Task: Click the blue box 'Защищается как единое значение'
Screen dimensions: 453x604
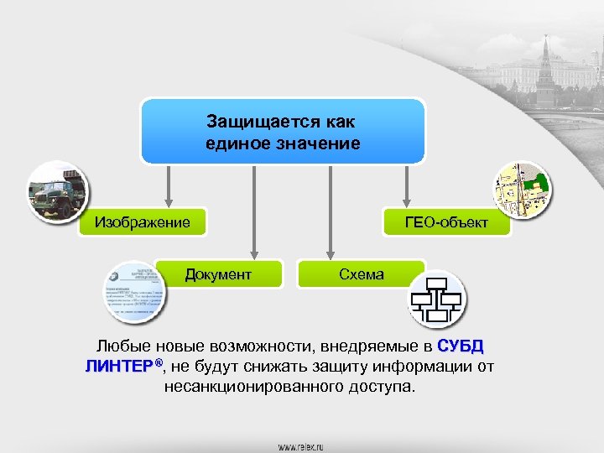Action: click(x=283, y=132)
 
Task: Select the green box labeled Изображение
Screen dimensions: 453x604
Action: click(x=142, y=223)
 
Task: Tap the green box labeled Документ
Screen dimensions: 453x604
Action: click(x=218, y=274)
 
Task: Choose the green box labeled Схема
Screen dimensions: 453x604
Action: click(x=362, y=274)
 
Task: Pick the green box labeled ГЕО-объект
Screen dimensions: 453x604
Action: click(x=445, y=223)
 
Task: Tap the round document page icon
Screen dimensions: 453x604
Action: click(x=133, y=291)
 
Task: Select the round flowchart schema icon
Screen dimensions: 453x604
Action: click(x=437, y=299)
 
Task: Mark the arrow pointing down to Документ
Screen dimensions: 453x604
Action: click(x=253, y=210)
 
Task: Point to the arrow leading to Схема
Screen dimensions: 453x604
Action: click(x=331, y=210)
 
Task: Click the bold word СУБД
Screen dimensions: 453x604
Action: click(x=461, y=346)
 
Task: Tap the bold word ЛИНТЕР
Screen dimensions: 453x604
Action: click(x=121, y=367)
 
